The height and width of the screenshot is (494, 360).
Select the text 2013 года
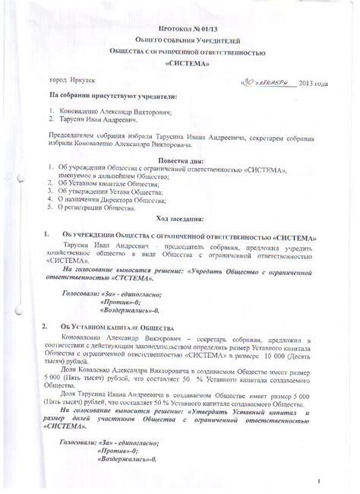pyautogui.click(x=313, y=82)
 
